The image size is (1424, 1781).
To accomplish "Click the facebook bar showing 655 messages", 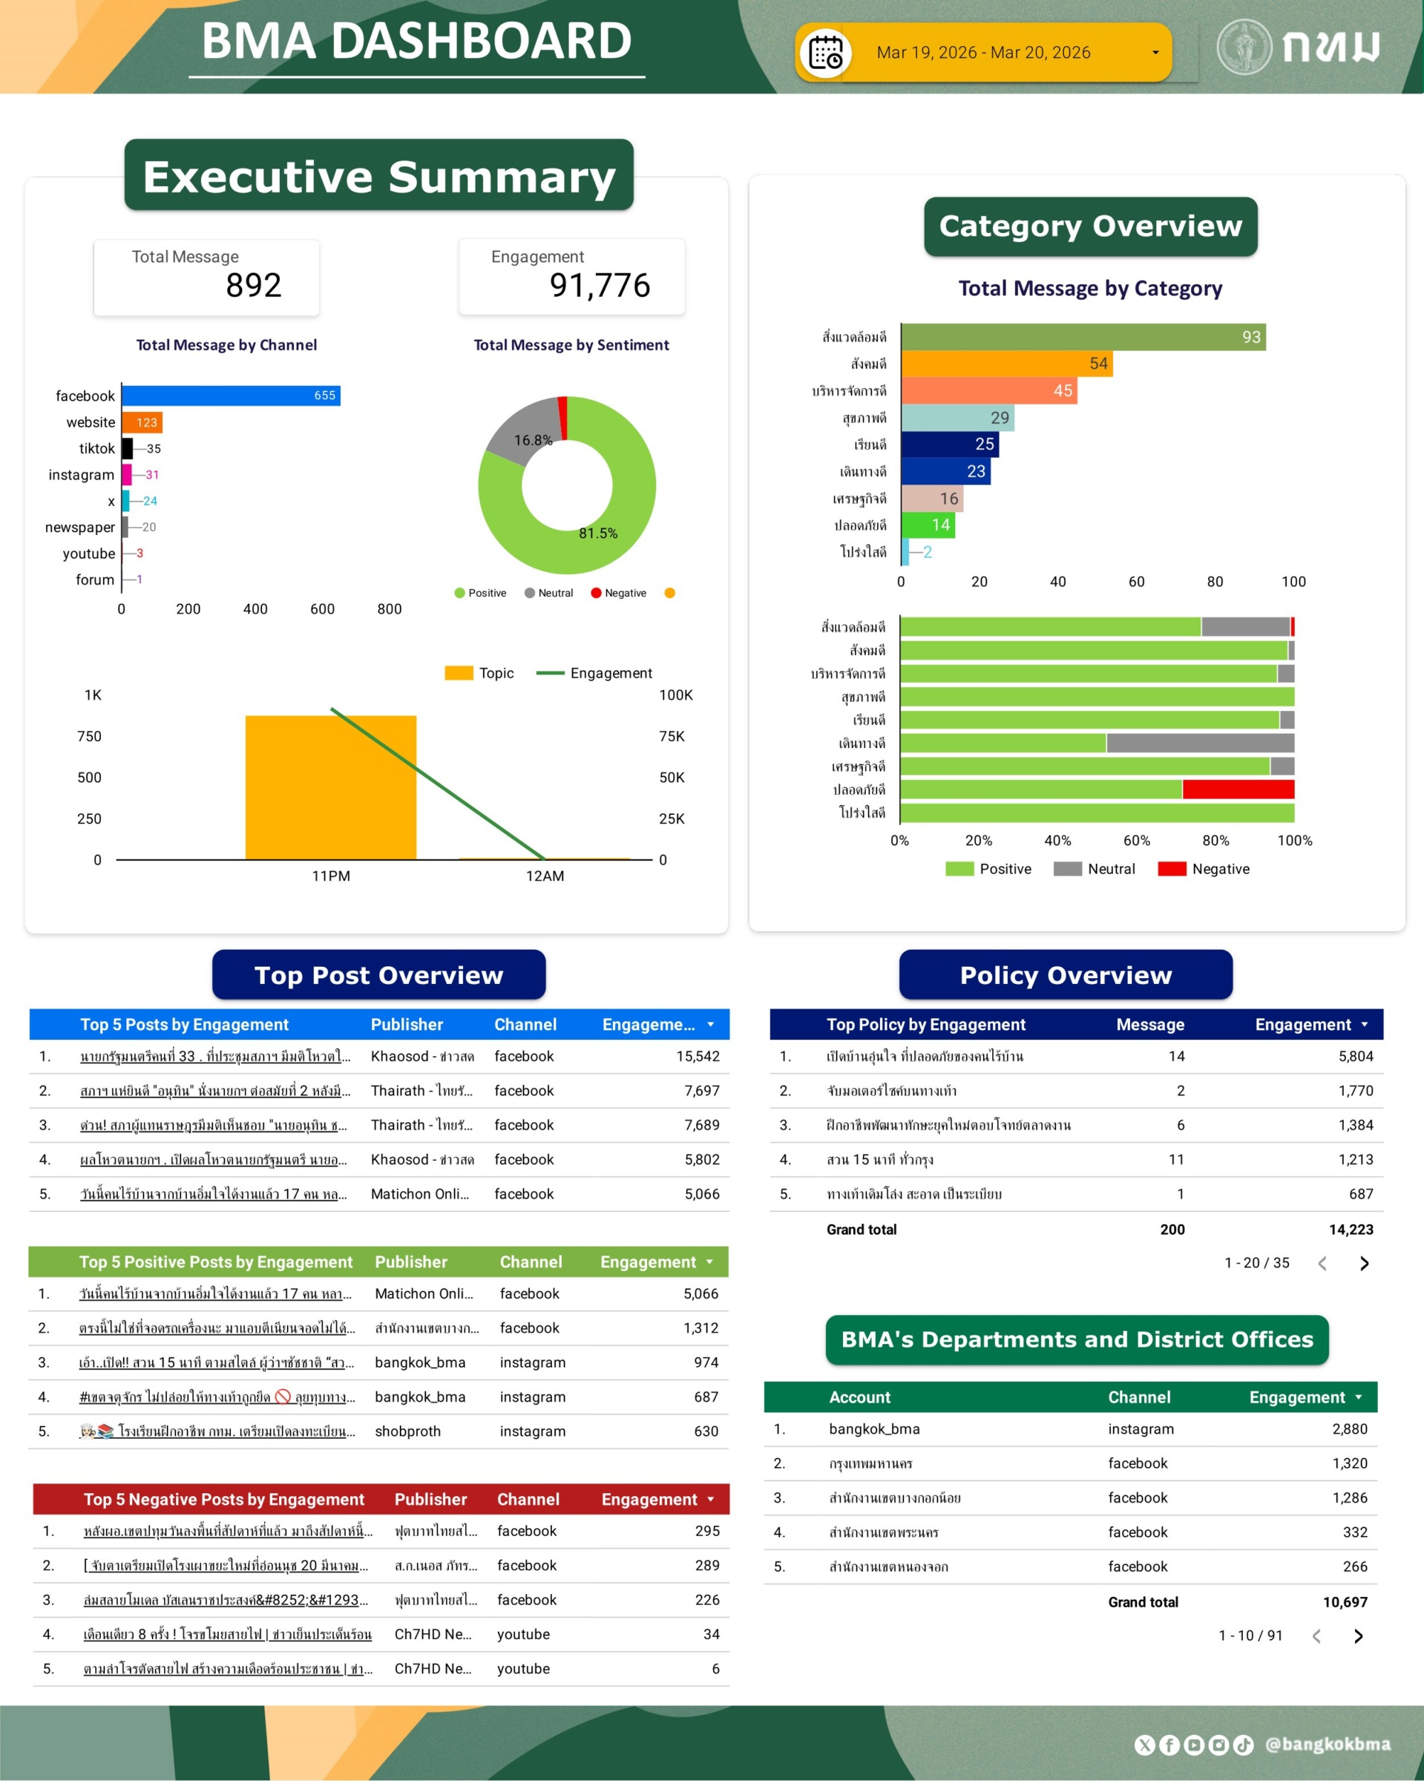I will click(231, 396).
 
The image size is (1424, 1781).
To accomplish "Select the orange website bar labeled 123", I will click(142, 422).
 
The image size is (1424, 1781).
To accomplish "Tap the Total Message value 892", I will click(254, 286).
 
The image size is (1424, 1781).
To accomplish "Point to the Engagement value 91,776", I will click(600, 286).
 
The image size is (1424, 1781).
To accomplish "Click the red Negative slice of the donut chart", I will click(563, 416).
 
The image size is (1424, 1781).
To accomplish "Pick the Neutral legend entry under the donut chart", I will click(548, 593).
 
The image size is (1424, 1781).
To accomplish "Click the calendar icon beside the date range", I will click(825, 53).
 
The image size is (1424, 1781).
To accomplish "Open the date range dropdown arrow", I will click(1155, 53).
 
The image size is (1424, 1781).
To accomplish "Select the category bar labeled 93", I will click(1082, 337).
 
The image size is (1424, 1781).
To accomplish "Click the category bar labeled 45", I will click(988, 391).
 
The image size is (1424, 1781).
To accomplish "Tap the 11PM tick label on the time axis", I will click(330, 876).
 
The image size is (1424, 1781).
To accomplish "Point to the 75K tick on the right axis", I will click(672, 736).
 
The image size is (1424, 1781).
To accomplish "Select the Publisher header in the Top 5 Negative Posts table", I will click(430, 1499).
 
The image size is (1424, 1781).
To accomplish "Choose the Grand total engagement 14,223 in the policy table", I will click(1351, 1229).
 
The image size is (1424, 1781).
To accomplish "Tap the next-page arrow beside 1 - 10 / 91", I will click(1359, 1636).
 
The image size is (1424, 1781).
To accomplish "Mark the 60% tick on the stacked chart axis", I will click(1137, 840).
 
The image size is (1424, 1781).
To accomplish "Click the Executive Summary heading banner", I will click(379, 176).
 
